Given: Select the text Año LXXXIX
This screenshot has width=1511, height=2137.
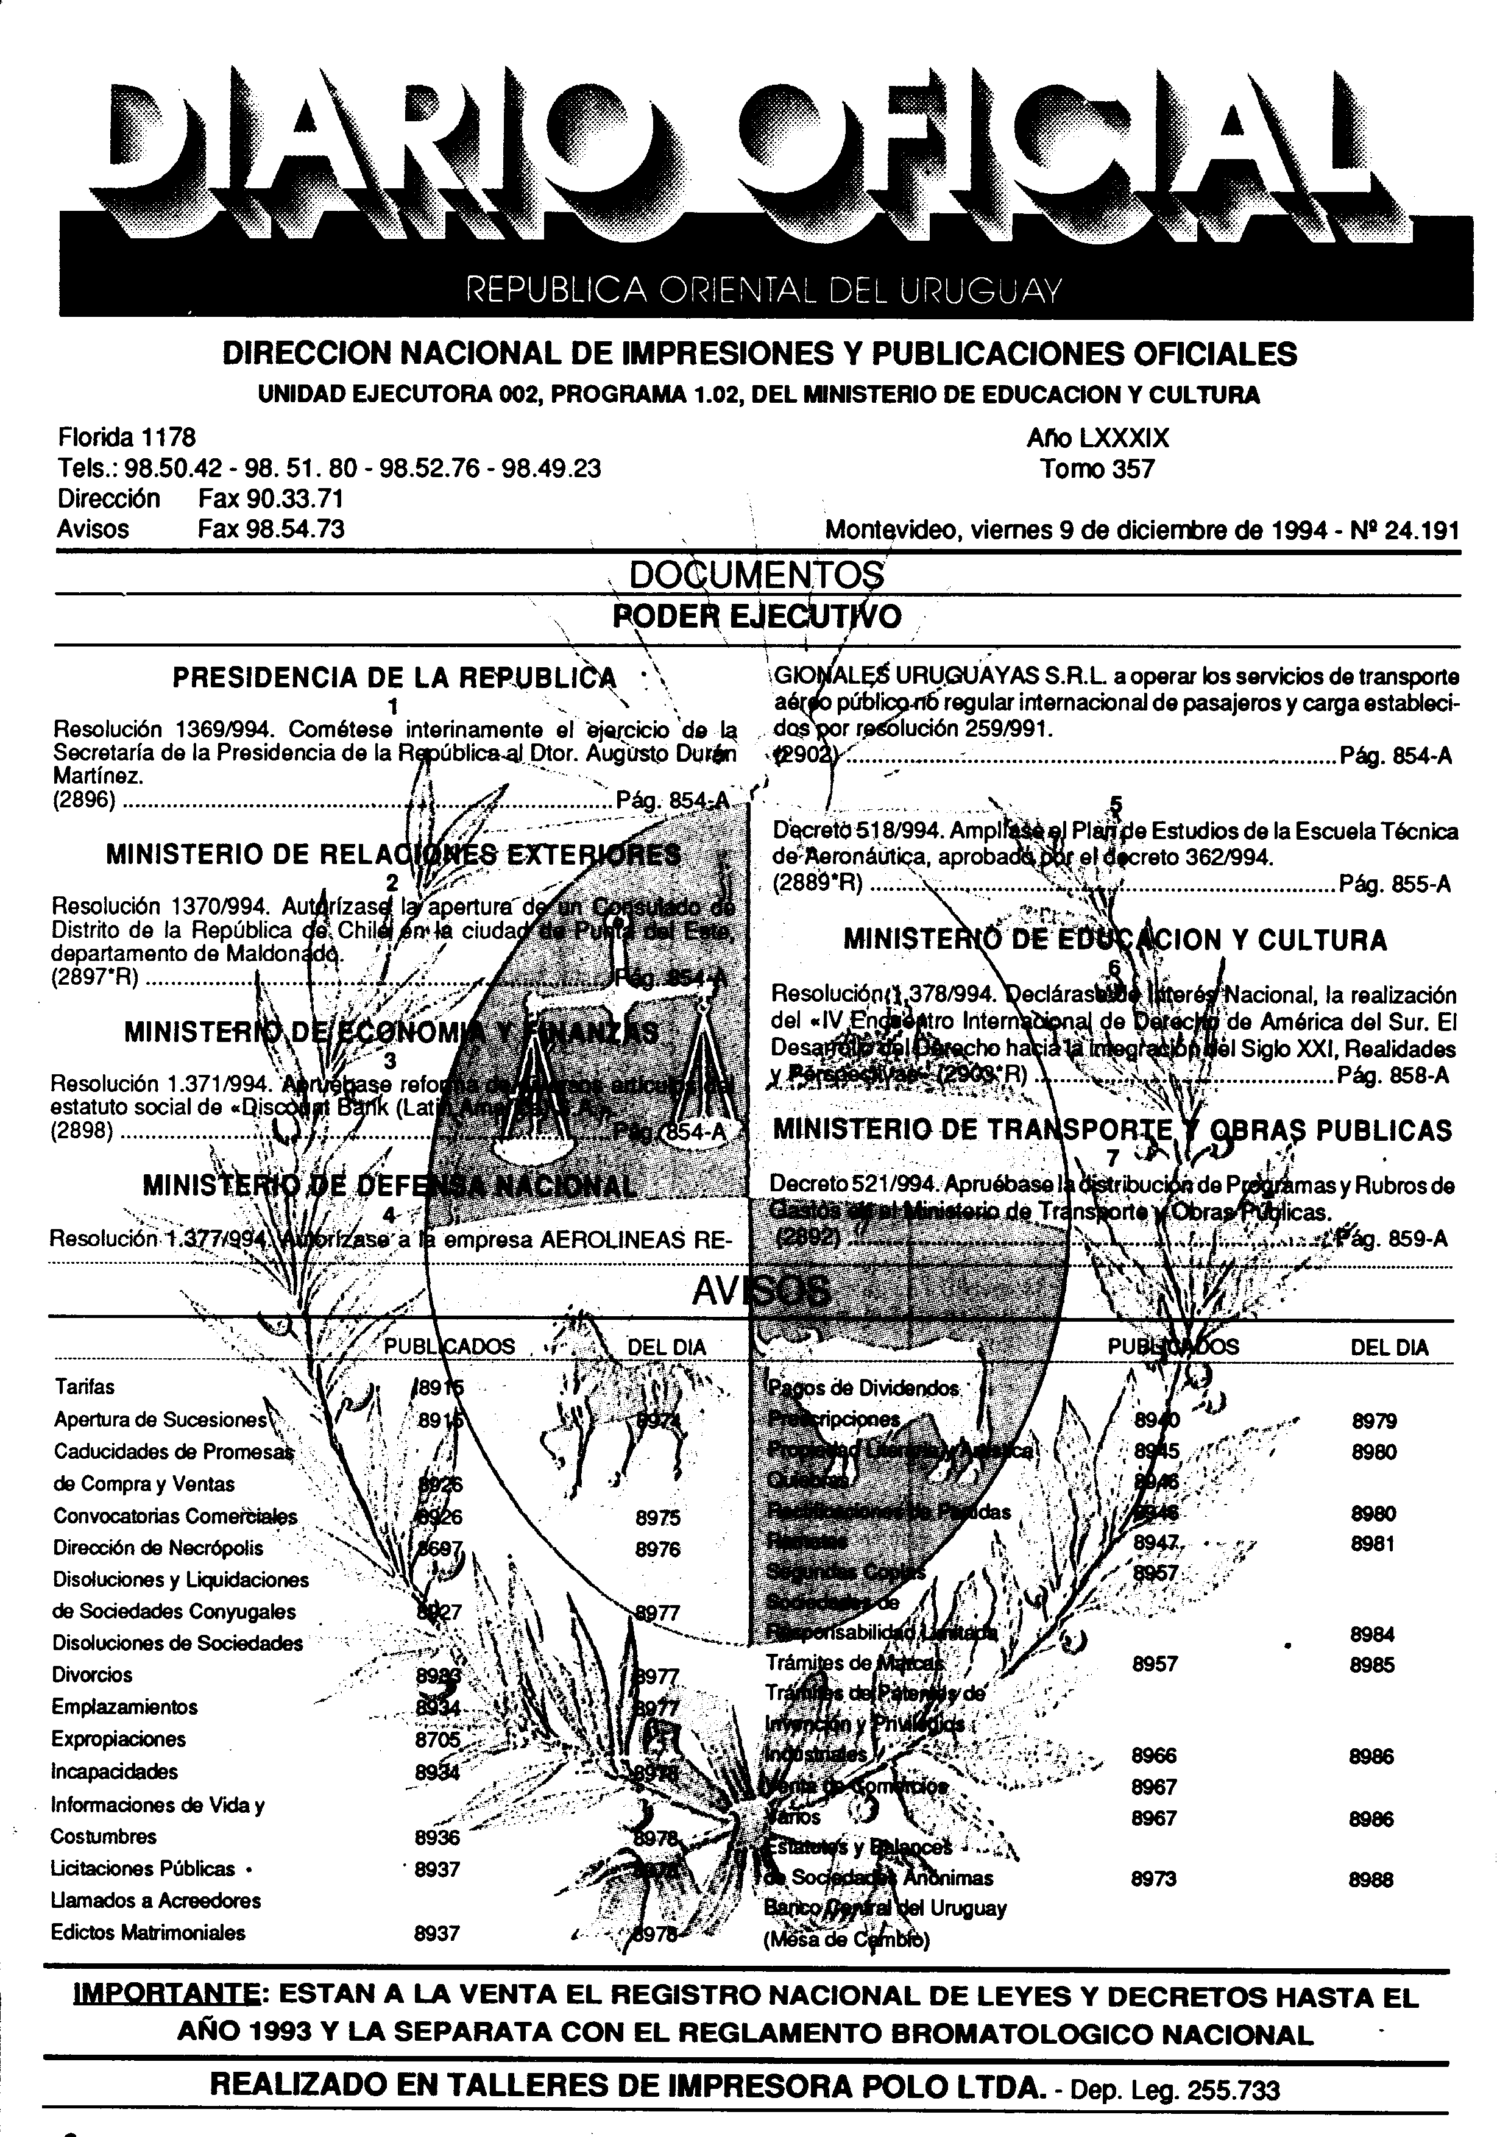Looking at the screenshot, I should pos(1098,438).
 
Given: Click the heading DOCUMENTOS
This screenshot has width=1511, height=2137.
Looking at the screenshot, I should pos(755,575).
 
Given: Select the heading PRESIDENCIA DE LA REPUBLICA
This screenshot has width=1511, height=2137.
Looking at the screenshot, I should pos(394,678).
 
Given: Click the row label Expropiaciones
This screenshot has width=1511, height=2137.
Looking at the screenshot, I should pos(118,1738).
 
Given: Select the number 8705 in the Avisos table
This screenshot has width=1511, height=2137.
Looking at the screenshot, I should pos(437,1738).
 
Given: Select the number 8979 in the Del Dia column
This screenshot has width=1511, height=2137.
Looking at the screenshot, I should pos(1373,1421).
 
